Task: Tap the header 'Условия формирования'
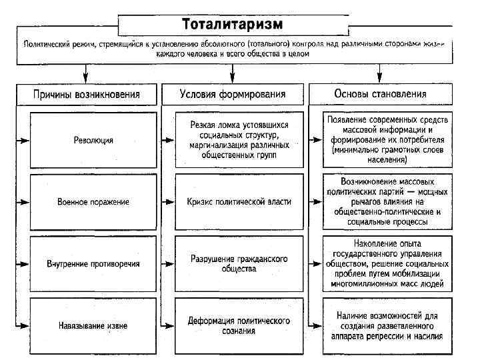pyautogui.click(x=233, y=93)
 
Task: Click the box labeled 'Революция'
pyautogui.click(x=93, y=140)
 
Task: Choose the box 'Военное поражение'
pyautogui.click(x=93, y=201)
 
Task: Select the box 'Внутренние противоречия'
pyautogui.click(x=93, y=263)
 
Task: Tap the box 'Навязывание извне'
pyautogui.click(x=93, y=325)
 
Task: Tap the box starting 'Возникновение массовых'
pyautogui.click(x=388, y=201)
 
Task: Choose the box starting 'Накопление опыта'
pyautogui.click(x=388, y=263)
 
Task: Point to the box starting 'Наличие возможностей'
pyautogui.click(x=388, y=325)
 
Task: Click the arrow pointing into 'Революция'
pyautogui.click(x=24, y=141)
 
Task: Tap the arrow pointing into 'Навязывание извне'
pyautogui.click(x=24, y=325)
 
